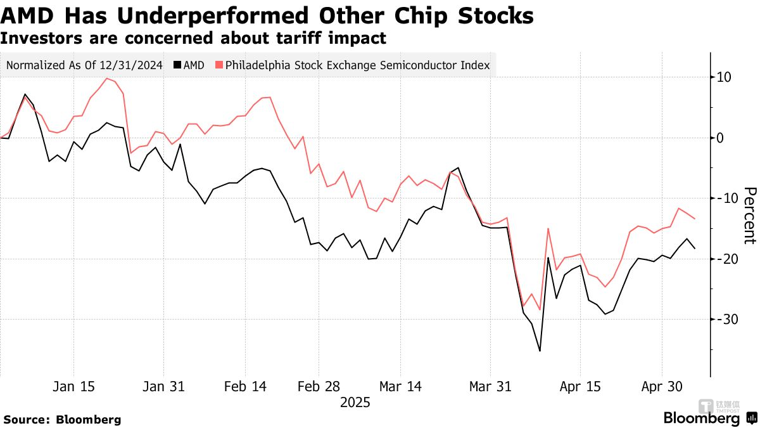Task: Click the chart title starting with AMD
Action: (x=267, y=15)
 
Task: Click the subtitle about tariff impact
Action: (x=193, y=38)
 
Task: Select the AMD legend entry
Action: (x=189, y=65)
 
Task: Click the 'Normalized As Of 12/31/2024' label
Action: (x=84, y=65)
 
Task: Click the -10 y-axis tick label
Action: (x=722, y=198)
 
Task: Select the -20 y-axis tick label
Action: (x=722, y=259)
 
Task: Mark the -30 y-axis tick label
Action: (x=722, y=319)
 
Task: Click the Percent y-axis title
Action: (x=749, y=216)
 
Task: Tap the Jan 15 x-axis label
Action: (x=73, y=386)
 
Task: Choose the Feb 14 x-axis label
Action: (x=245, y=386)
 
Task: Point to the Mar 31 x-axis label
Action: (x=490, y=386)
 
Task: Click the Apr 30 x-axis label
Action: (x=662, y=386)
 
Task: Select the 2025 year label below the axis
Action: (x=355, y=403)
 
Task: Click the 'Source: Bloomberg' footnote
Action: (x=62, y=419)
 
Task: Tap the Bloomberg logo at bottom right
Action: (x=701, y=418)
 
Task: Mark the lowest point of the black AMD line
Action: (x=540, y=351)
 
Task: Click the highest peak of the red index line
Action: (x=106, y=79)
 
